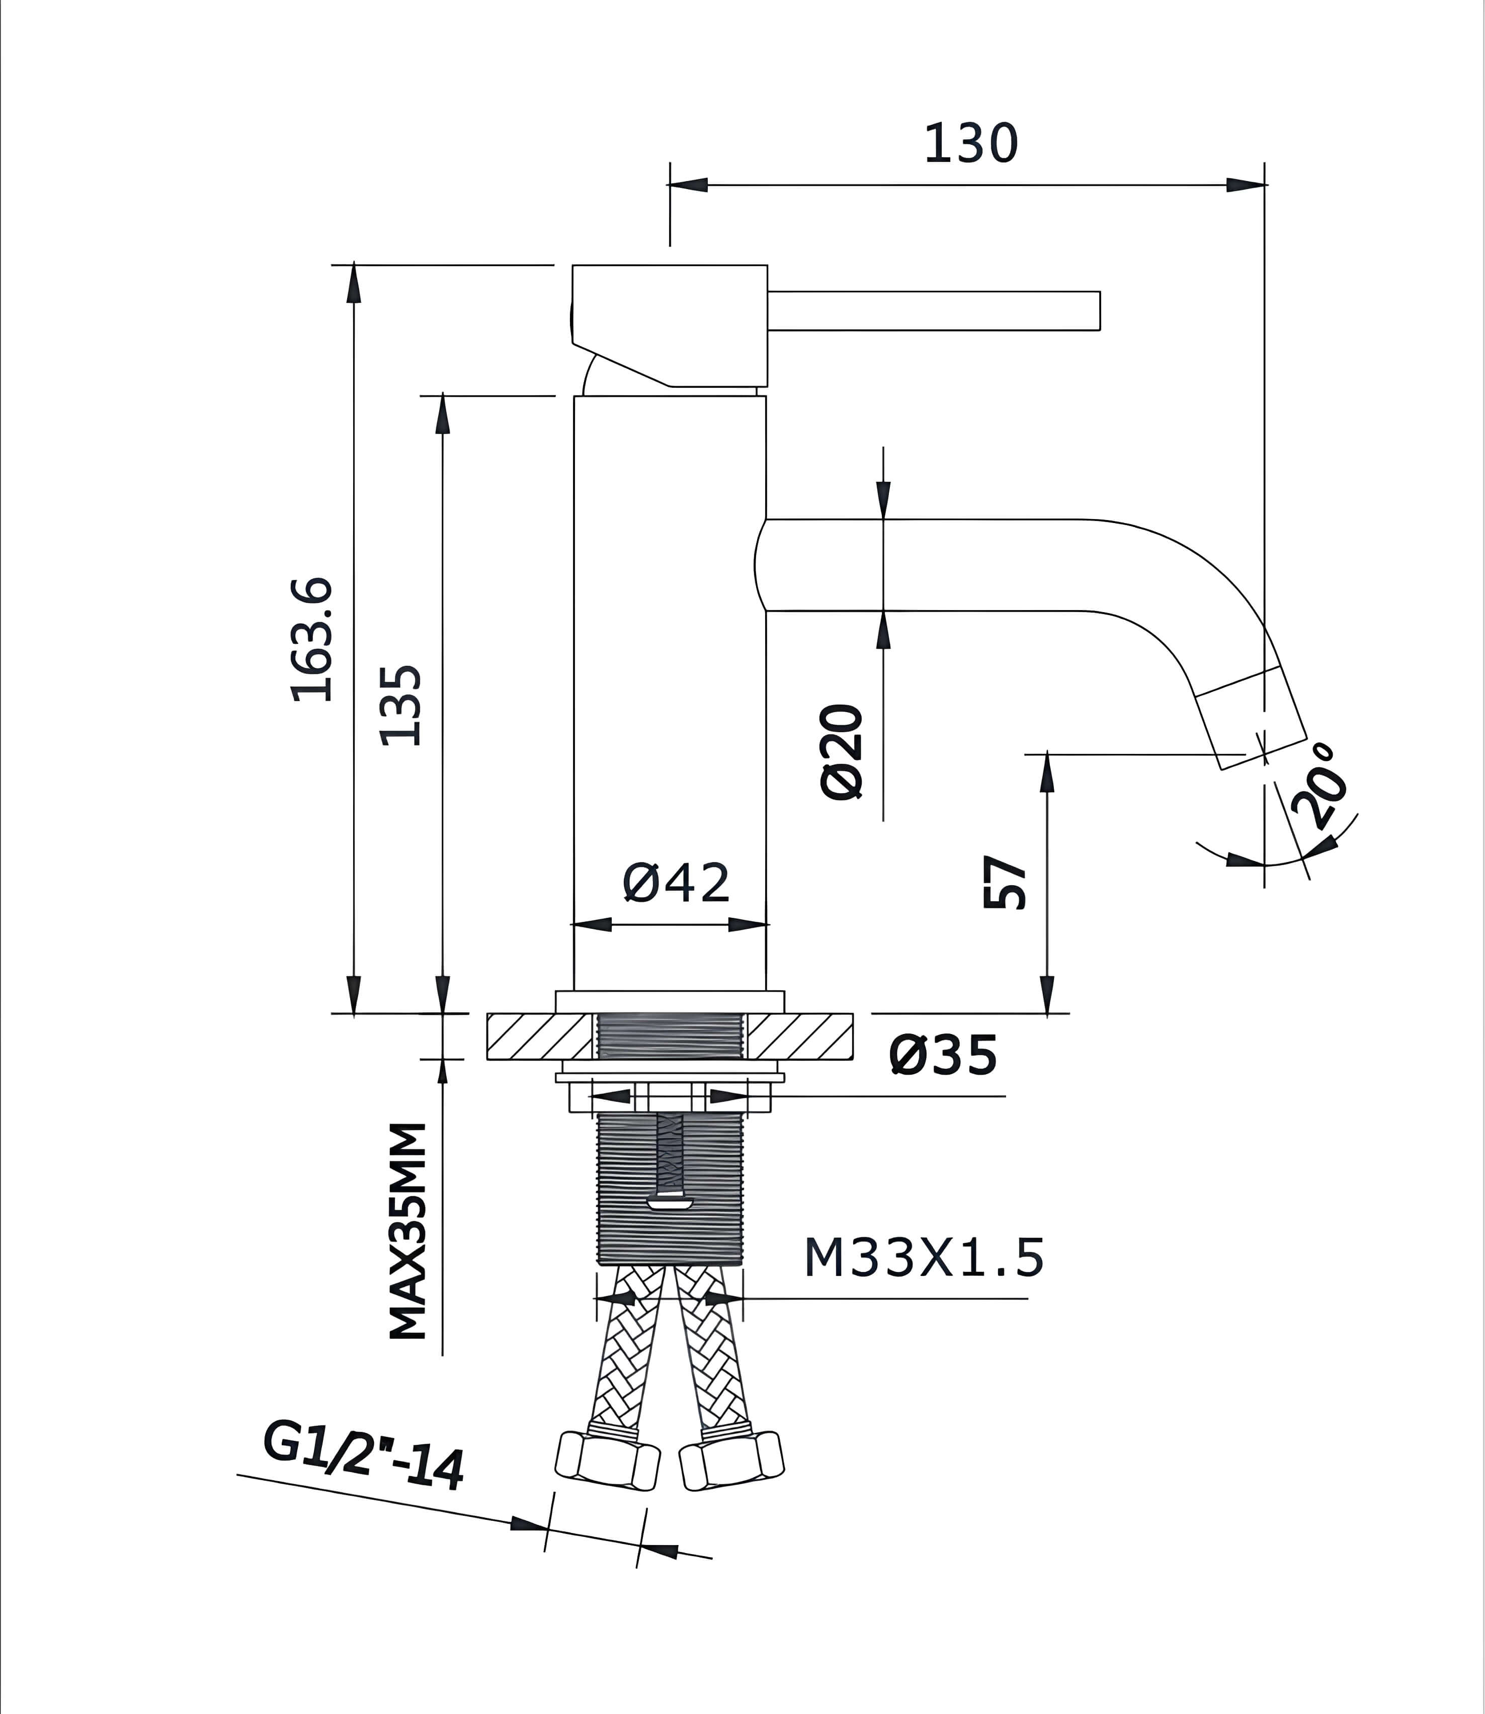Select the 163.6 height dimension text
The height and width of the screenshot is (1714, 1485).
click(x=313, y=640)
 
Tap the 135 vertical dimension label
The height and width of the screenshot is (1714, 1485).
click(x=402, y=705)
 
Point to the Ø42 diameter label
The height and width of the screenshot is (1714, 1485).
click(x=676, y=883)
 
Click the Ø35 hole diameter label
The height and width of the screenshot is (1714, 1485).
click(x=943, y=1056)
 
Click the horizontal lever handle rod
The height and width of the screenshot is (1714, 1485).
click(x=933, y=311)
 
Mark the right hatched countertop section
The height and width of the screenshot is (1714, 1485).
click(x=799, y=1037)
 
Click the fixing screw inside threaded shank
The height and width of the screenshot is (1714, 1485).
click(x=670, y=1160)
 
